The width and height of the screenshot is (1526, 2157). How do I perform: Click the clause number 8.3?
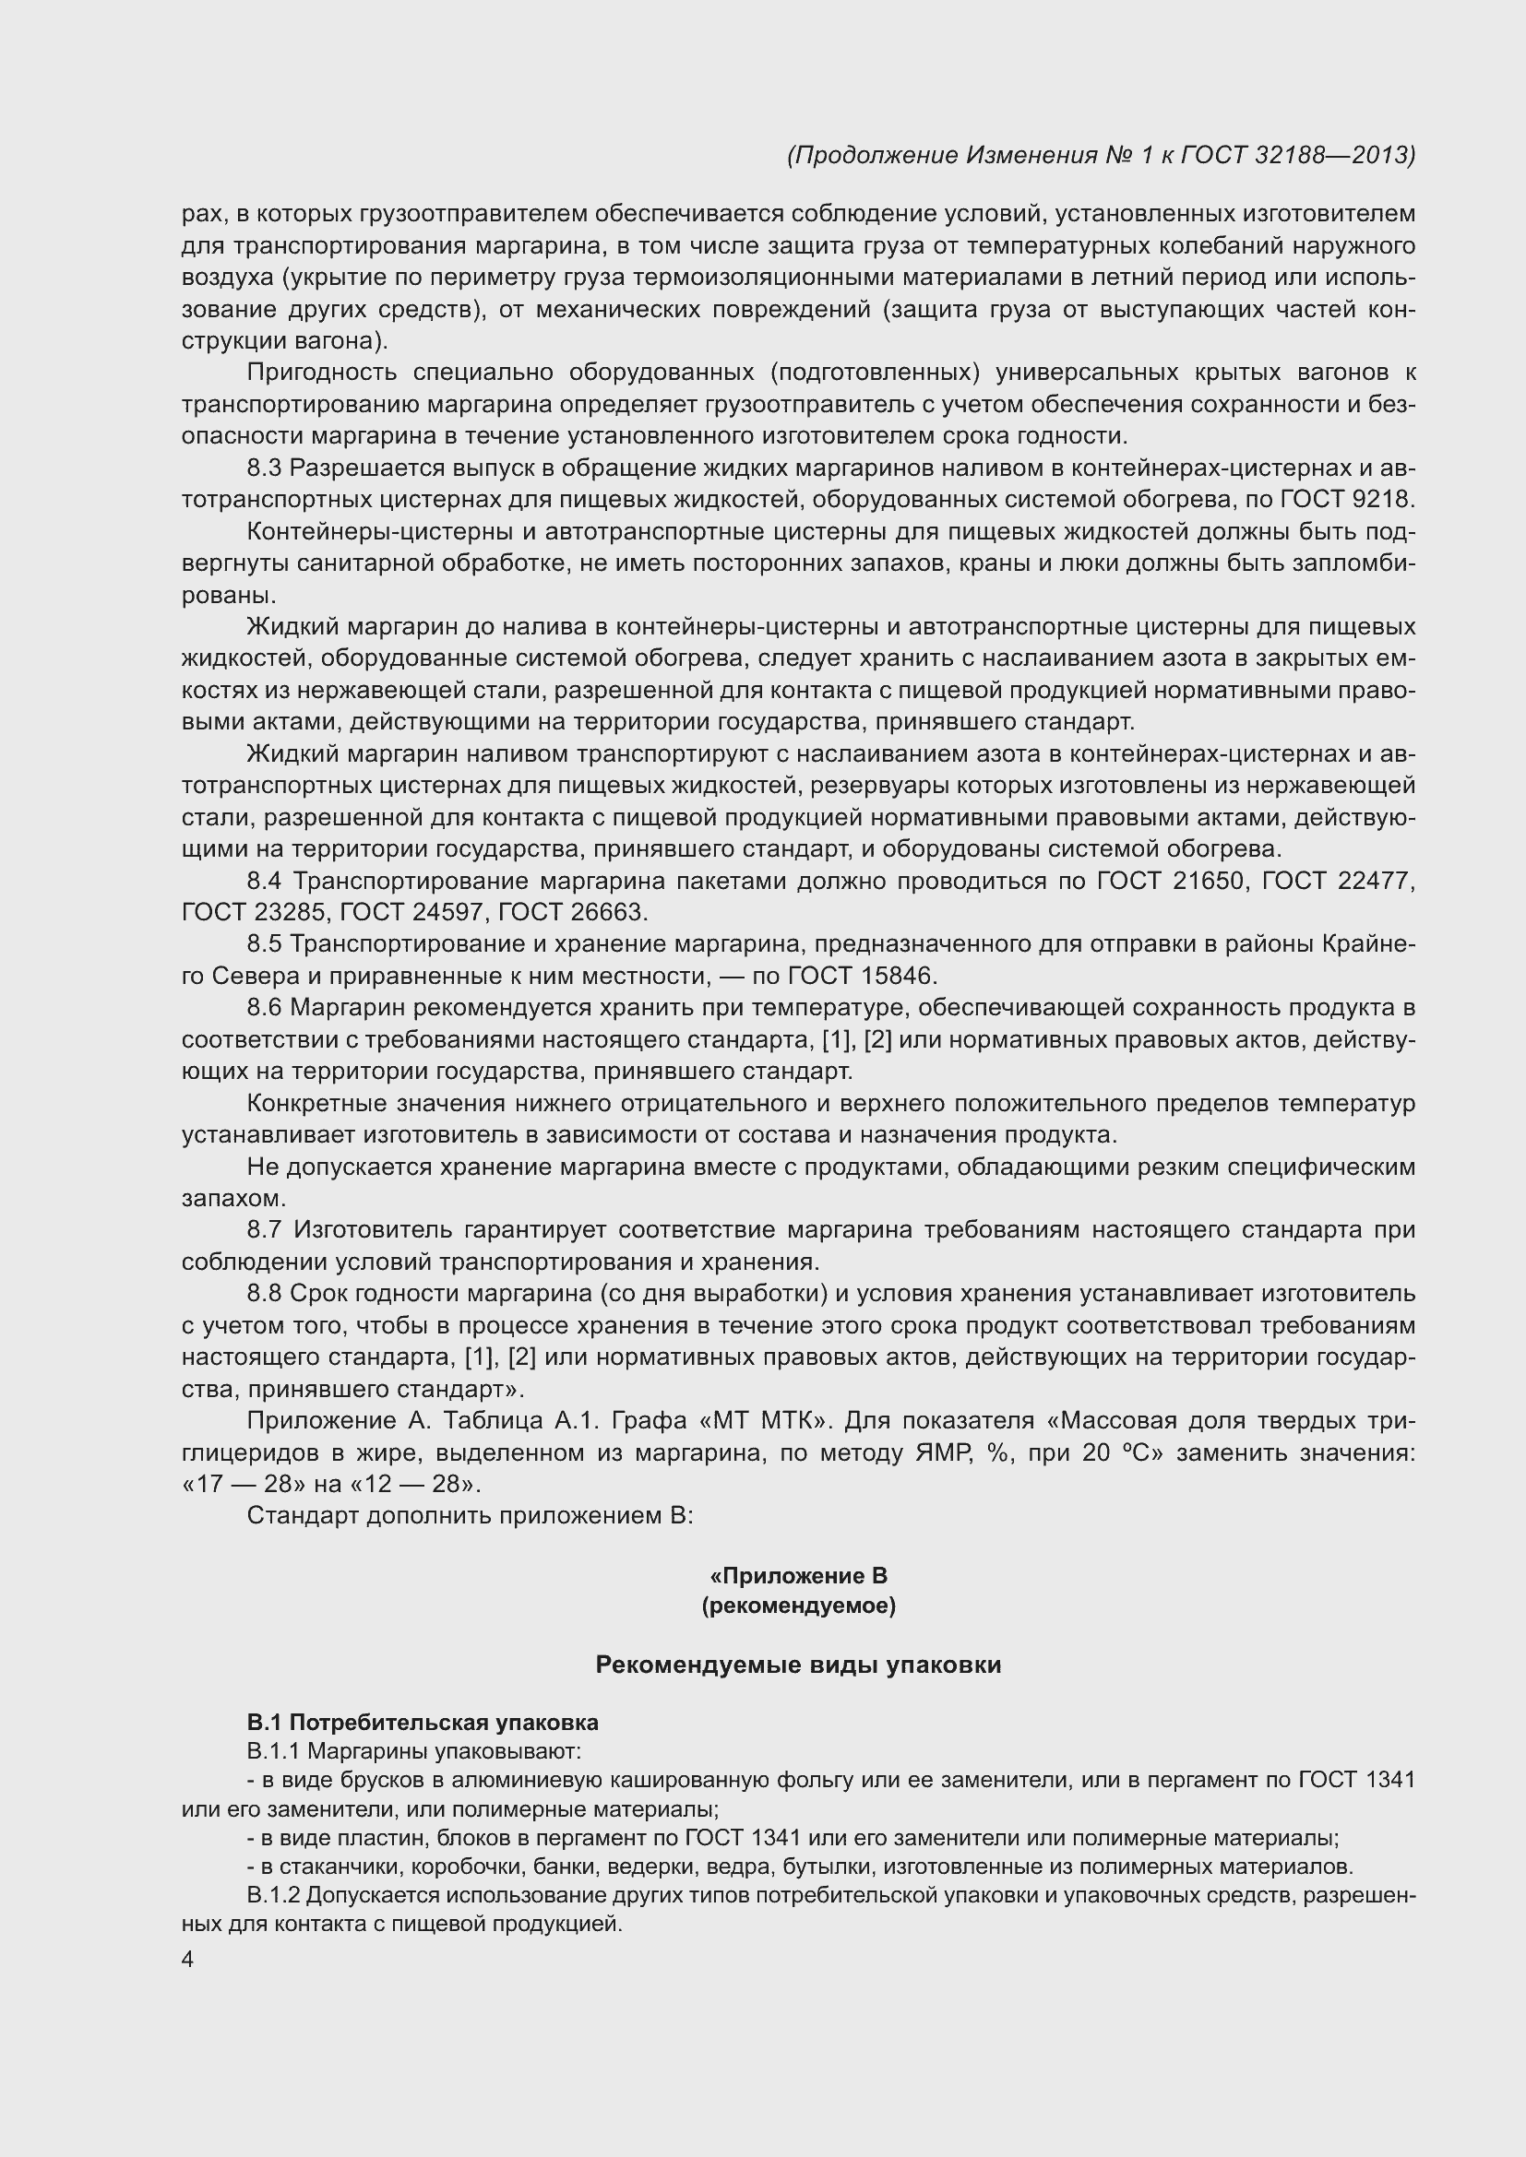click(x=264, y=468)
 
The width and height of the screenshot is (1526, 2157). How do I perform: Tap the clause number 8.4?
click(x=264, y=882)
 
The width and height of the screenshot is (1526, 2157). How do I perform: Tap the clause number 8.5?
click(x=264, y=943)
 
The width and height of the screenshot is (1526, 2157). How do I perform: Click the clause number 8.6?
click(x=264, y=1007)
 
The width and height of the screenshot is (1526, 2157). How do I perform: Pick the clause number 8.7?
click(x=264, y=1230)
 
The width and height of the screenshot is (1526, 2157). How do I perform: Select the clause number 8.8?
click(x=264, y=1294)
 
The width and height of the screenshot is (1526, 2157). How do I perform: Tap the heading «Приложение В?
click(x=799, y=1575)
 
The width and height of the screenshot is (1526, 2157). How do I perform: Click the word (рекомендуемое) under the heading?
click(x=799, y=1606)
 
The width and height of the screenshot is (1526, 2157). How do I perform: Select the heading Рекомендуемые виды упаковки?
click(x=799, y=1665)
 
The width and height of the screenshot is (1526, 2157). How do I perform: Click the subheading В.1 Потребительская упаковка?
click(x=423, y=1722)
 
